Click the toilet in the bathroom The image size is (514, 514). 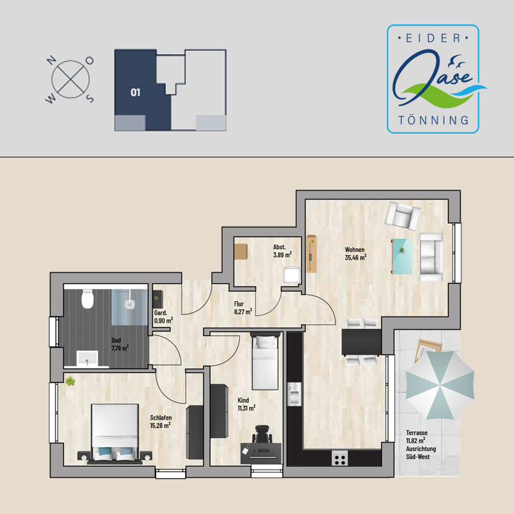point(87,299)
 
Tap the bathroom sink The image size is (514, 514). point(87,359)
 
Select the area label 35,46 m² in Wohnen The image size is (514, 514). point(355,258)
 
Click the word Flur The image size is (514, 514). point(238,304)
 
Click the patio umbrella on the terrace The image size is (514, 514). point(440,385)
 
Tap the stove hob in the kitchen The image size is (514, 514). point(340,458)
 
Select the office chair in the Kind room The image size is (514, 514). point(261,434)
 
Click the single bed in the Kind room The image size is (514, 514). point(265,361)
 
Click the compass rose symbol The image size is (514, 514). point(70,79)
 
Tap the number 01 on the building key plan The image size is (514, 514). point(136,93)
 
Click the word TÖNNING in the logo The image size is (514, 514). point(433,120)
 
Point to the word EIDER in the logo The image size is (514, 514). point(433,39)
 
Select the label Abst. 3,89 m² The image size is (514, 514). point(282,251)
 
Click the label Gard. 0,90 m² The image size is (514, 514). point(163,317)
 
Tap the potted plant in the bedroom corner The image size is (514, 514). point(70,382)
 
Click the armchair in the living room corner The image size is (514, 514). point(403,215)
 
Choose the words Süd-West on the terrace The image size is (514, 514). point(418,457)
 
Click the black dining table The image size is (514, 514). point(362,342)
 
